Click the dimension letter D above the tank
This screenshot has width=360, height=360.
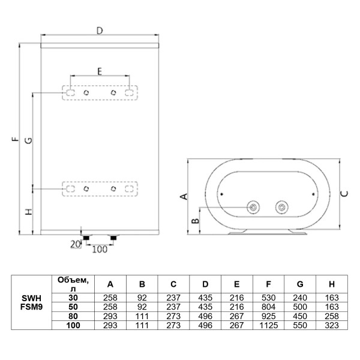pos(100,30)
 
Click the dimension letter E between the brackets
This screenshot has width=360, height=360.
pos(100,71)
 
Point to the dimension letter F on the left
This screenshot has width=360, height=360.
pos(13,141)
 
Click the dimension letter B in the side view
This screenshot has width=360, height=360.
pos(194,221)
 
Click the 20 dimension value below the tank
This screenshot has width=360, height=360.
pos(75,244)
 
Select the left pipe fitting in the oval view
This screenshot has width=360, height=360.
pos(254,208)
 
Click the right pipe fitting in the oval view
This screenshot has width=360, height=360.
pos(280,208)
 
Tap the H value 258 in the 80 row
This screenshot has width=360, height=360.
pos(331,316)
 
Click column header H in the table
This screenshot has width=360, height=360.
pos(331,284)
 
